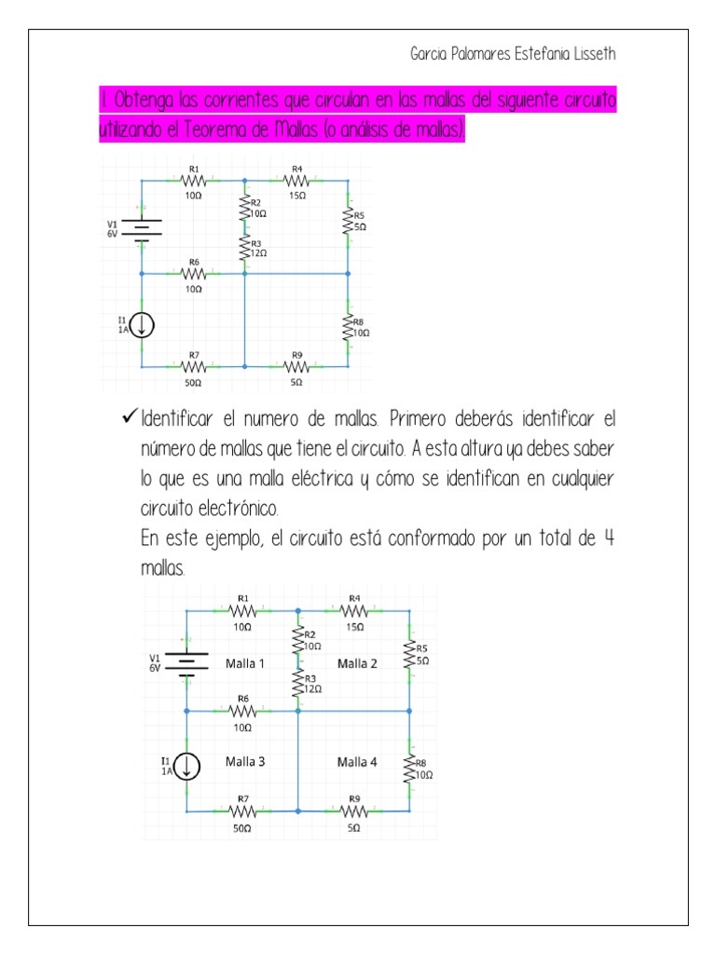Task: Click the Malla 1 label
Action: click(245, 663)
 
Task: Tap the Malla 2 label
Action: click(357, 663)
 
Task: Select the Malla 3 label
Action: click(245, 761)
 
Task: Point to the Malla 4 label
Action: click(357, 761)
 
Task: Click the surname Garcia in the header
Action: click(432, 54)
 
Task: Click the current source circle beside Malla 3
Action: click(186, 766)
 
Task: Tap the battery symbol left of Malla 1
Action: click(186, 663)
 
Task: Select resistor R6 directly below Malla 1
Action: click(242, 712)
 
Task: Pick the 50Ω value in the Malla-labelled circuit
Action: click(241, 827)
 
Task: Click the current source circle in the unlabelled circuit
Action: click(142, 325)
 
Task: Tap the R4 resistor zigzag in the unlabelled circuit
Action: click(296, 182)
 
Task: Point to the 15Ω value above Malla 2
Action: click(354, 627)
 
